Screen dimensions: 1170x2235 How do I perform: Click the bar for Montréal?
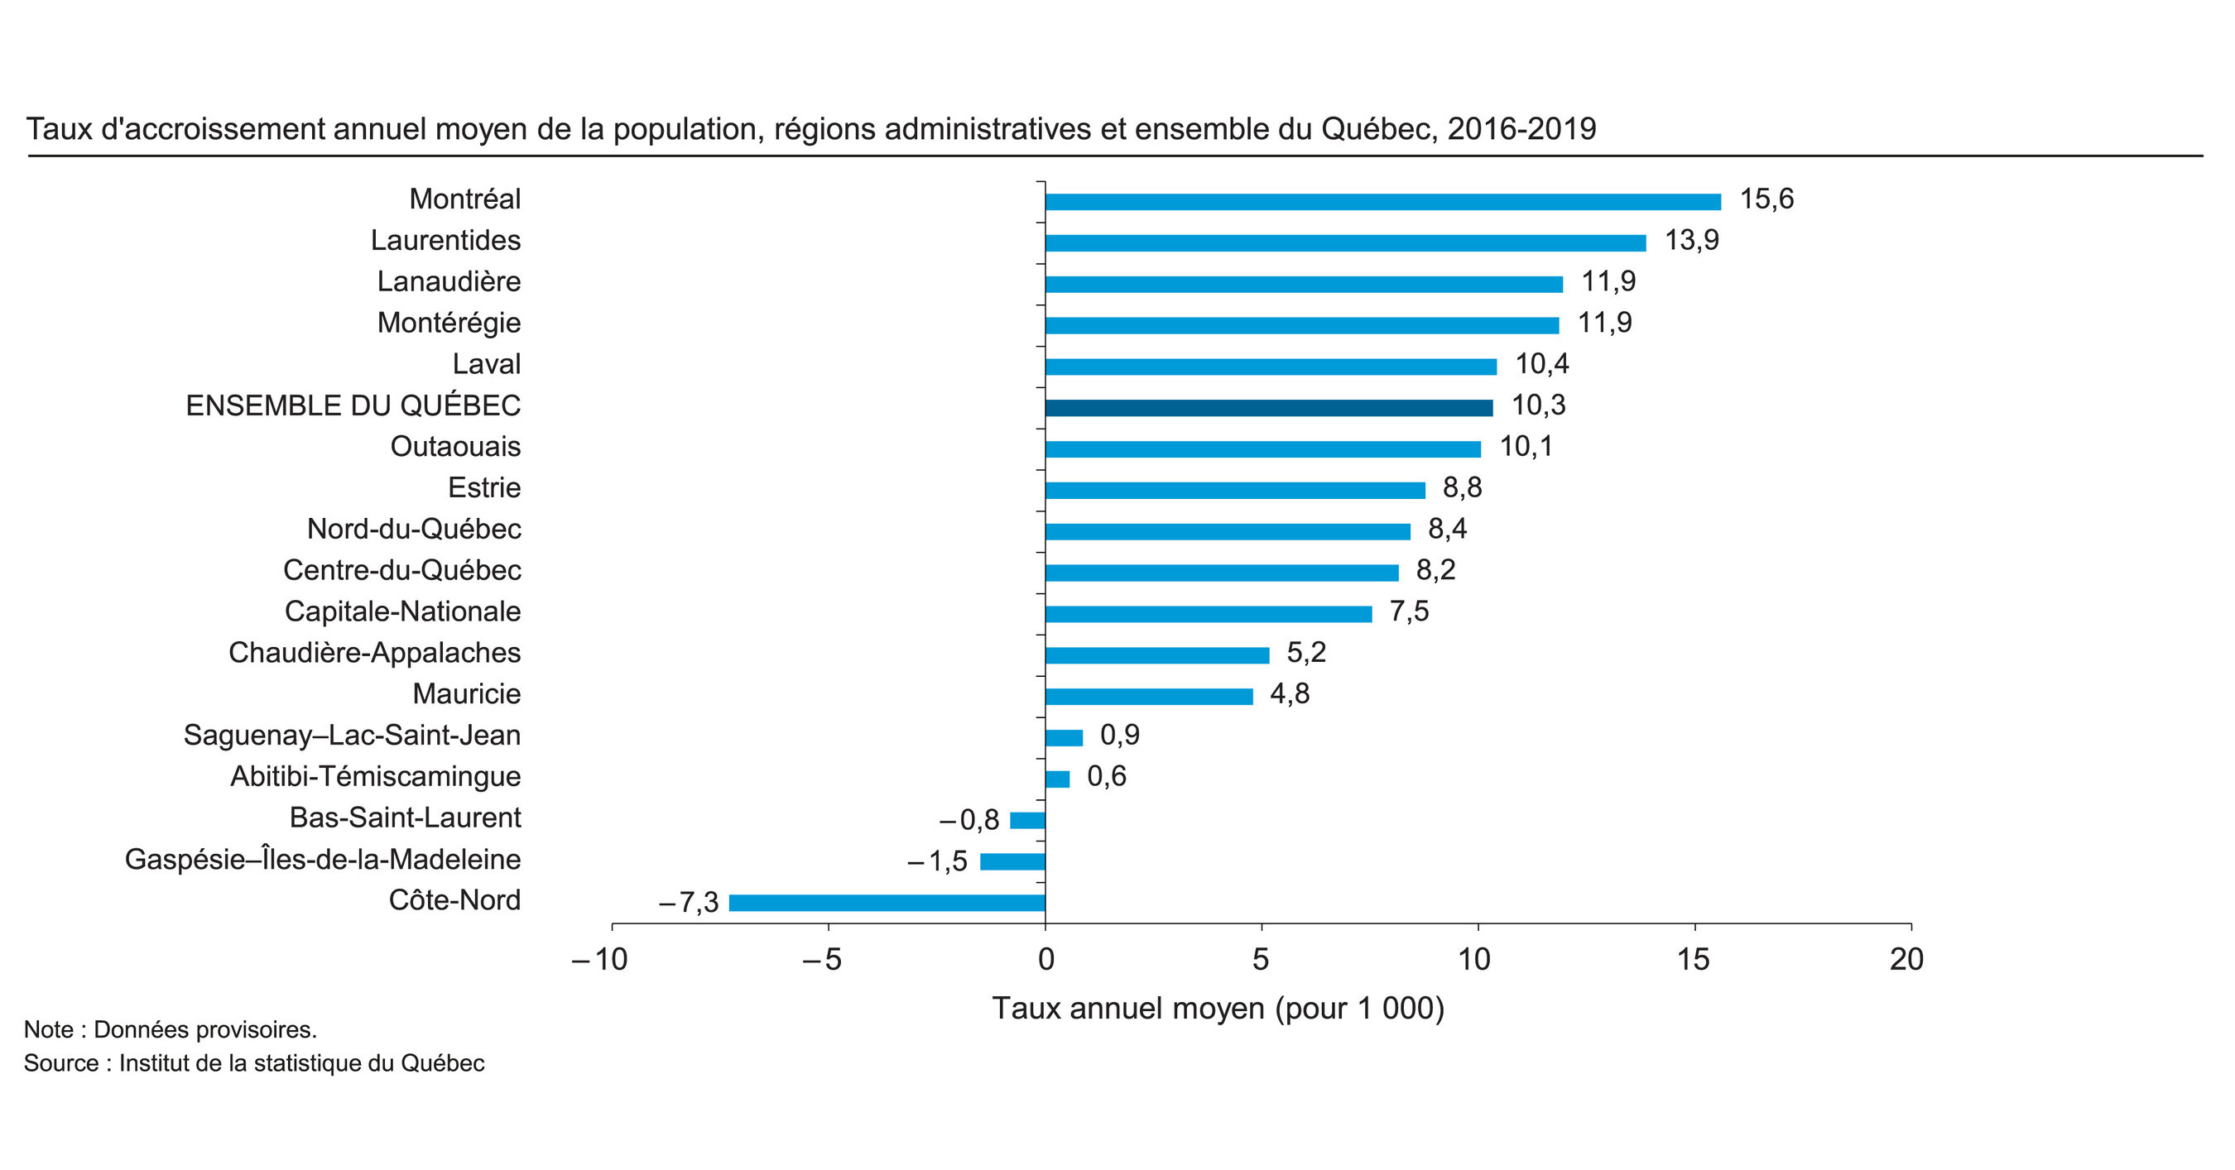(x=1382, y=202)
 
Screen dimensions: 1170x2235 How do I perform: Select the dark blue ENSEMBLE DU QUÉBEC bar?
(x=1268, y=408)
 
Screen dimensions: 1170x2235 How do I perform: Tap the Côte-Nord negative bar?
(x=887, y=903)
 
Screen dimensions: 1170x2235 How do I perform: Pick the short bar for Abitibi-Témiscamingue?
(x=1057, y=779)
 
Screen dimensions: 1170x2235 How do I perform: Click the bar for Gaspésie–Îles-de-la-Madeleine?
(x=1012, y=861)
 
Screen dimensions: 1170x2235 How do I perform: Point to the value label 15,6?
(x=1766, y=199)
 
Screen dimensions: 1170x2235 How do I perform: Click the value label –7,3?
(x=689, y=903)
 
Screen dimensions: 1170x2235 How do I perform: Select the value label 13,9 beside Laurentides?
(x=1691, y=240)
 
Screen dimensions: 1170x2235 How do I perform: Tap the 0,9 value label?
(x=1119, y=736)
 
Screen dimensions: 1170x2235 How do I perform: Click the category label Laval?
(x=486, y=364)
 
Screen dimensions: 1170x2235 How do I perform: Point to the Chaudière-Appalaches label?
(x=374, y=653)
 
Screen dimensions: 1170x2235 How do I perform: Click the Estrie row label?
(x=484, y=488)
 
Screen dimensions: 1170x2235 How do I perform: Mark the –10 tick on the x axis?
(x=600, y=959)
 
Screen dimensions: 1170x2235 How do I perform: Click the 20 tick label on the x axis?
(x=1906, y=959)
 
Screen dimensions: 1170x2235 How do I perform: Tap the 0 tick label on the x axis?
(x=1045, y=959)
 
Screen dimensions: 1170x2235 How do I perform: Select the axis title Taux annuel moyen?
(x=1218, y=1009)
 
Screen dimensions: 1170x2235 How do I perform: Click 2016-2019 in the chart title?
(x=1521, y=129)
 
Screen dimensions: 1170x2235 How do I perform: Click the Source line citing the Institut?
(x=253, y=1063)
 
